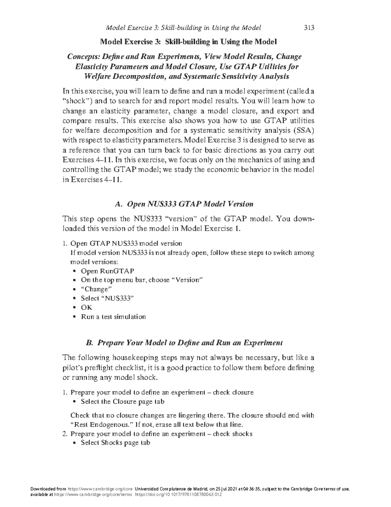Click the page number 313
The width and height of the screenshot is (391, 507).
tap(309, 28)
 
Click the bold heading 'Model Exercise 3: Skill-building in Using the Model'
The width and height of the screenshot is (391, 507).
tap(188, 42)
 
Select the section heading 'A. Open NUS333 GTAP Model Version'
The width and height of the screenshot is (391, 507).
tap(184, 204)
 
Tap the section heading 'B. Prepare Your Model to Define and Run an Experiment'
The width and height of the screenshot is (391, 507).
tap(184, 343)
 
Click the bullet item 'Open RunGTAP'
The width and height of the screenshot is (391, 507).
tap(107, 271)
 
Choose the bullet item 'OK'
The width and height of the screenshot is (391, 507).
tap(87, 308)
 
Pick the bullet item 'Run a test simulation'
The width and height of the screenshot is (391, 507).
tap(113, 317)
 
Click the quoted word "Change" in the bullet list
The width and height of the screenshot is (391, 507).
tap(96, 289)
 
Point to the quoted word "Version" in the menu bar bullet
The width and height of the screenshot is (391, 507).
tap(187, 280)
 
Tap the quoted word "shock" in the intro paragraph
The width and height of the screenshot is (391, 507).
tap(76, 101)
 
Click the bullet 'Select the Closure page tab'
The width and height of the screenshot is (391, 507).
tap(123, 402)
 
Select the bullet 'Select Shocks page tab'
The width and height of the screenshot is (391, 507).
tap(115, 443)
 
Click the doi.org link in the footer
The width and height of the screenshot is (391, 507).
tap(178, 495)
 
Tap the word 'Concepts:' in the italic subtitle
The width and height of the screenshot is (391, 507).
tap(83, 57)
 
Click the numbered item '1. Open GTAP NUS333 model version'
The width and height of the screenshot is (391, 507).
tap(123, 244)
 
